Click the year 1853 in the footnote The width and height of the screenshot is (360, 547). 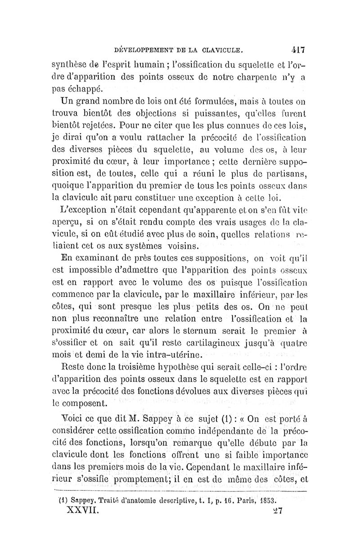point(267,500)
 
